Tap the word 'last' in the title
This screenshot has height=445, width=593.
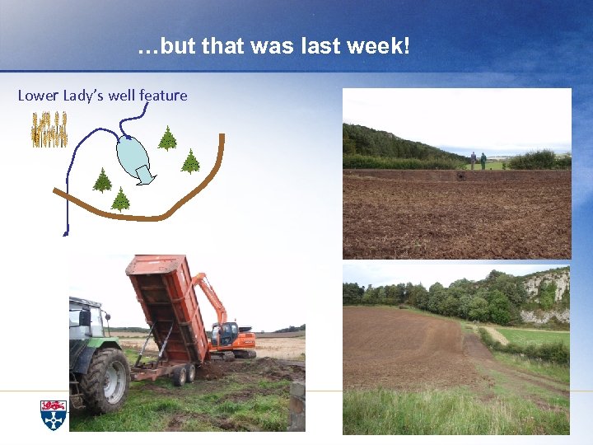tap(318, 46)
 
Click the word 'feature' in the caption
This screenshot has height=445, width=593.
tap(163, 96)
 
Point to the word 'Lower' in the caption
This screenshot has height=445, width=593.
tap(38, 96)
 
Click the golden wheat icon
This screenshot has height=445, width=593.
tap(49, 129)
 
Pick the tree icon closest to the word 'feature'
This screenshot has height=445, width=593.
tap(167, 138)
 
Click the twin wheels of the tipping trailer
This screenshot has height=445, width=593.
tap(183, 375)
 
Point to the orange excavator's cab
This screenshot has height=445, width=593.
tap(223, 335)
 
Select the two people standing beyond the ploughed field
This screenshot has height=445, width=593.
tap(478, 160)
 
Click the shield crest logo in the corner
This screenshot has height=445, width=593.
tap(53, 415)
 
